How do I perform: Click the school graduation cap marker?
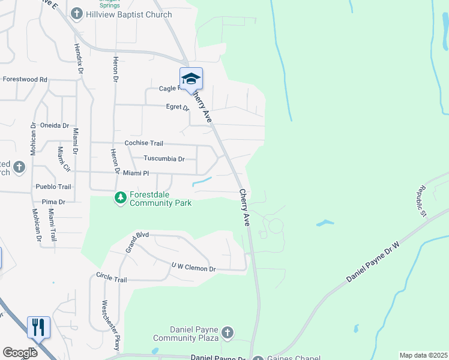tap(191, 79)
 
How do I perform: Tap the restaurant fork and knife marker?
tap(38, 328)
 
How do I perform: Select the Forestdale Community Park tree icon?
tap(121, 197)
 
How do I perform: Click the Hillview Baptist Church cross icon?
tap(77, 13)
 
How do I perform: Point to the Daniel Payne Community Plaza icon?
tap(227, 332)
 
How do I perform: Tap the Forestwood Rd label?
tap(25, 79)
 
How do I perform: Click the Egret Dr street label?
tap(177, 108)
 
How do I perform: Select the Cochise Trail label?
tap(143, 143)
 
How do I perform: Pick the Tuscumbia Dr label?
tap(164, 159)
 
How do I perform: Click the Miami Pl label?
tap(136, 173)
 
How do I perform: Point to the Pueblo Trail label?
tap(53, 187)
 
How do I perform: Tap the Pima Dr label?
tap(53, 202)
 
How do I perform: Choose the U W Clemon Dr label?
tap(193, 268)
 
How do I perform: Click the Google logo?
tap(20, 353)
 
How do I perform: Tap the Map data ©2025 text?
tap(423, 355)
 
